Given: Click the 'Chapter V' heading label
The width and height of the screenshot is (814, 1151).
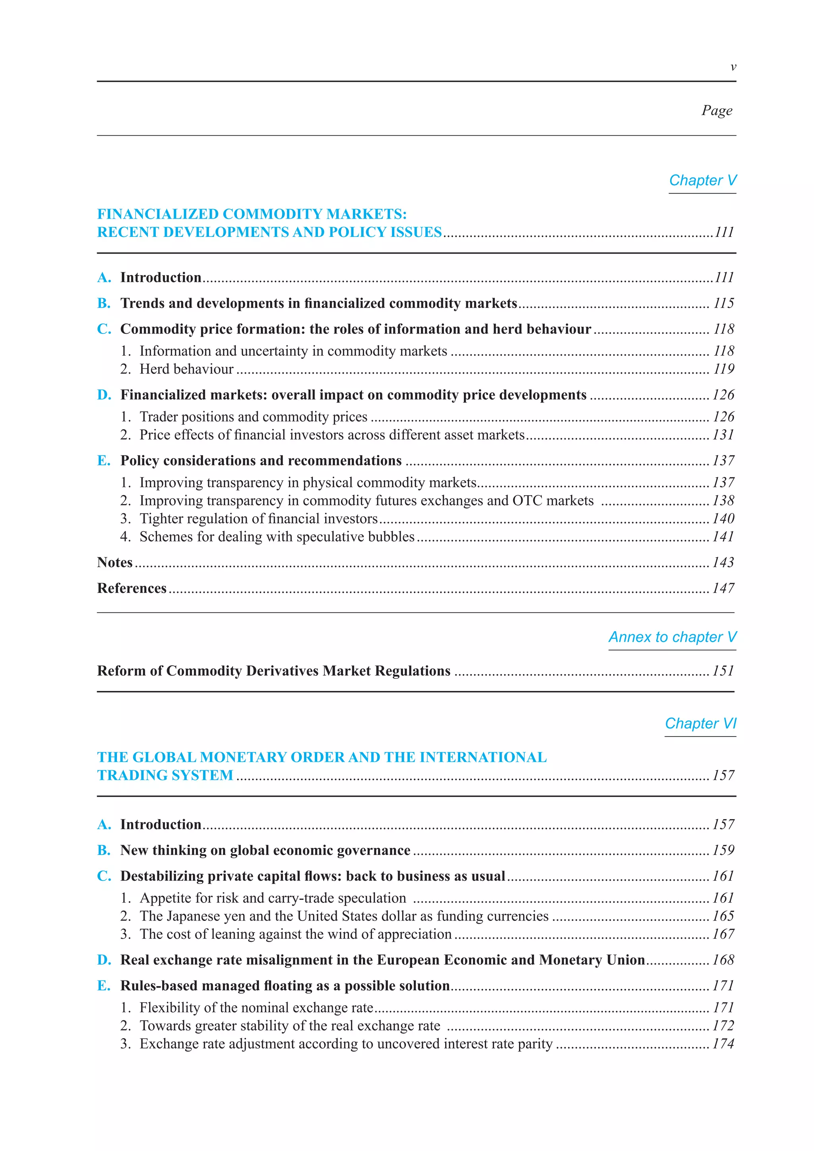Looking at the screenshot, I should [x=702, y=180].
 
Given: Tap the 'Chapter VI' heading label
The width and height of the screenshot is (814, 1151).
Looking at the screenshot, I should [x=700, y=723].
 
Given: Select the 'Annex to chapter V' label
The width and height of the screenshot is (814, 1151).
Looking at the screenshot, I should [x=672, y=637].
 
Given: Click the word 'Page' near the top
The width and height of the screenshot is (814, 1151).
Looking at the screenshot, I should [x=717, y=110].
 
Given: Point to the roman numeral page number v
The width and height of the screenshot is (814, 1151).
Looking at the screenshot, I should [x=733, y=67].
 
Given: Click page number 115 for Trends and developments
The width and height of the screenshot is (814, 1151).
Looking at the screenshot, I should [x=724, y=303].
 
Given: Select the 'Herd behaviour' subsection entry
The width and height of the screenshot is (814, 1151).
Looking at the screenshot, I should [x=186, y=369].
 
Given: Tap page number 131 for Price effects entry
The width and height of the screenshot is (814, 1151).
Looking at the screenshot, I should [x=723, y=435].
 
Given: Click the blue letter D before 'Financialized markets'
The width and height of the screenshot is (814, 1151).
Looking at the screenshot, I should [x=104, y=395].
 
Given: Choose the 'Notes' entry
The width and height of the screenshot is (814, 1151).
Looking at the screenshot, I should [x=115, y=562].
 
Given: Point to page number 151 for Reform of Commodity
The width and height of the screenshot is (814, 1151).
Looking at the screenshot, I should [x=723, y=671].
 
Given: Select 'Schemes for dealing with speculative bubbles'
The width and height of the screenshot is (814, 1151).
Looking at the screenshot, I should [x=277, y=537].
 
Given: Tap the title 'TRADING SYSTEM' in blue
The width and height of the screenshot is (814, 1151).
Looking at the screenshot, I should [x=165, y=775].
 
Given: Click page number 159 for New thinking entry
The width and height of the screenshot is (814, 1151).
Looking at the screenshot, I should [x=723, y=850].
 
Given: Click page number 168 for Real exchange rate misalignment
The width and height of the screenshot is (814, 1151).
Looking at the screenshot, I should [x=723, y=960].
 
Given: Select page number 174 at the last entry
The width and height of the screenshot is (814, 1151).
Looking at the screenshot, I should [x=723, y=1044].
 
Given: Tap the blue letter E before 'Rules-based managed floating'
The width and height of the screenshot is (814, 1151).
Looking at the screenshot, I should [x=103, y=986].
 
